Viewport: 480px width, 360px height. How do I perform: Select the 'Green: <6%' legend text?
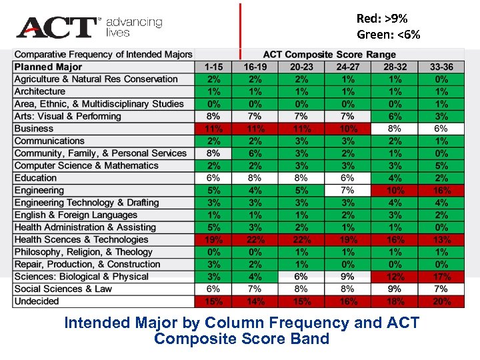pos(389,35)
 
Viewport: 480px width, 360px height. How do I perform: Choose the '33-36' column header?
pos(441,67)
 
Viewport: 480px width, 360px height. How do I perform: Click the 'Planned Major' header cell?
pos(48,67)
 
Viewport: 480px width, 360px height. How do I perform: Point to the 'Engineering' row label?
pos(39,191)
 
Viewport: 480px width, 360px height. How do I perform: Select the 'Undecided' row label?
pos(37,301)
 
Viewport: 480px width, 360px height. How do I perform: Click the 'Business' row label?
pos(34,129)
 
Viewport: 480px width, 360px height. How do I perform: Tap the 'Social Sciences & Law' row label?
pos(63,289)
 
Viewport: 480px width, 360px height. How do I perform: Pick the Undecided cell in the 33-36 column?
pos(441,301)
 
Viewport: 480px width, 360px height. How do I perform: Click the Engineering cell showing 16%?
pos(441,191)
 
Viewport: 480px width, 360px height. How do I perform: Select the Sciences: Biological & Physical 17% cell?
pos(441,277)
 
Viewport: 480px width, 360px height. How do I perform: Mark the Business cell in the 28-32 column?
pos(395,129)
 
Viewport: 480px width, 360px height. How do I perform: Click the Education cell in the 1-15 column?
pos(213,178)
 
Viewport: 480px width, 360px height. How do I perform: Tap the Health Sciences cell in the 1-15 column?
pos(213,240)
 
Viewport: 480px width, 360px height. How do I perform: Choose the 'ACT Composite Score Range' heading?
pos(329,55)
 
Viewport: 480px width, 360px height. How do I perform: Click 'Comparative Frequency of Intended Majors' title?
pos(103,55)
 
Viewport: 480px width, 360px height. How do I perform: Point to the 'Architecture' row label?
pos(40,91)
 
